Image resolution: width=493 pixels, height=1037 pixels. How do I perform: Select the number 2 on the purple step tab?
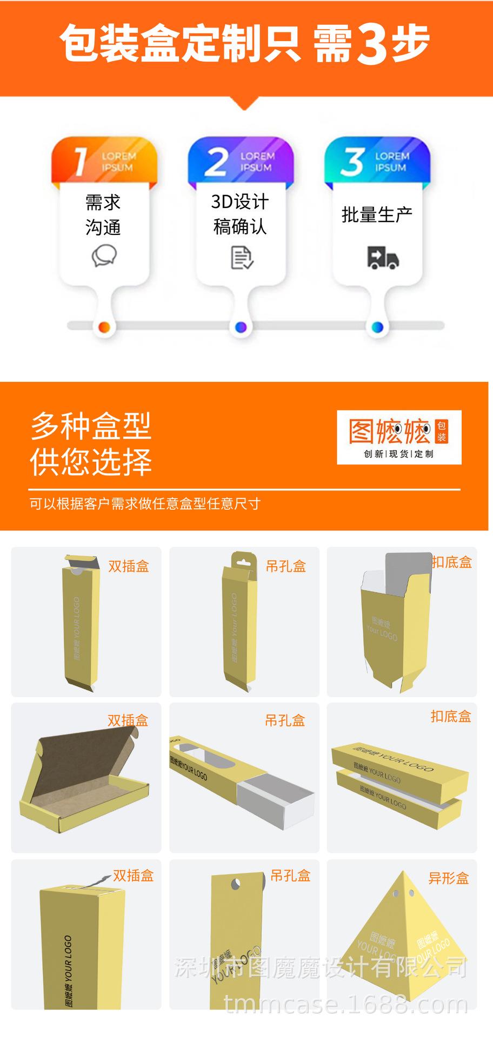coord(216,161)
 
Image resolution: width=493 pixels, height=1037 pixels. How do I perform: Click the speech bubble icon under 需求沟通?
coord(104,256)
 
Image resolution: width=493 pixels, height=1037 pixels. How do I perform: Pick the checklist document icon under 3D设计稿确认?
coord(241,258)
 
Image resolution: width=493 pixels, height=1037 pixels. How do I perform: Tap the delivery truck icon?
coord(383,257)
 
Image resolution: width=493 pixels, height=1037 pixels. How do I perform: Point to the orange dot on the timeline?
coord(105,327)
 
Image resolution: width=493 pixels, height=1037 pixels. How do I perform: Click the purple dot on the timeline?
coord(241,327)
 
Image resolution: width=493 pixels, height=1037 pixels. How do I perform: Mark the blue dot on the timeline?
coord(378,327)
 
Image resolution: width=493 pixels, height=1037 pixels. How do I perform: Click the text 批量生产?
coord(377,214)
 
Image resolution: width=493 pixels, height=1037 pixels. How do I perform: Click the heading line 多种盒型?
coord(91,426)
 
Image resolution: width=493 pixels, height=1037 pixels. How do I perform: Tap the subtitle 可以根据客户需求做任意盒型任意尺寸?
coord(145,504)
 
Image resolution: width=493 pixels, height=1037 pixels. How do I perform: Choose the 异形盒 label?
coord(448,878)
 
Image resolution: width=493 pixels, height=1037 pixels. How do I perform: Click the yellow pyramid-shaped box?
coord(403,948)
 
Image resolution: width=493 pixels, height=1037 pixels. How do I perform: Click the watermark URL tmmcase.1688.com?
coord(345,1005)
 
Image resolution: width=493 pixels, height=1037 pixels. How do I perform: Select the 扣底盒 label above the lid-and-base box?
coord(451,717)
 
